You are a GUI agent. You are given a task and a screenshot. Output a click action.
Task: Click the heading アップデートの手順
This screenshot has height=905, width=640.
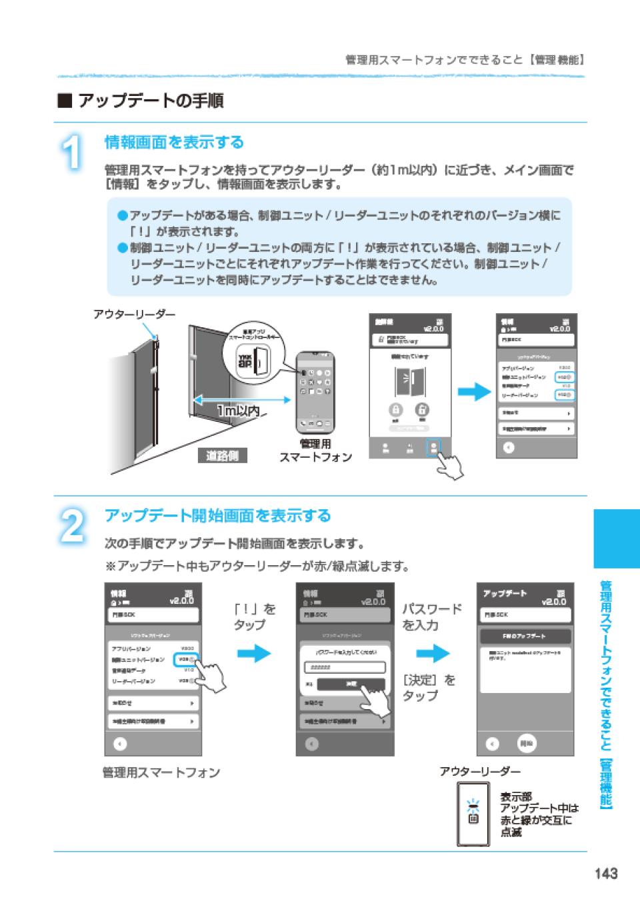click(x=150, y=101)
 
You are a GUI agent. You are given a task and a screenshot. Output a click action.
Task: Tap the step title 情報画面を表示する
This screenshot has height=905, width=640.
click(x=175, y=142)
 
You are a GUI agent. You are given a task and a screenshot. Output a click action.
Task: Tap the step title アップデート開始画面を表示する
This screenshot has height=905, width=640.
click(x=218, y=515)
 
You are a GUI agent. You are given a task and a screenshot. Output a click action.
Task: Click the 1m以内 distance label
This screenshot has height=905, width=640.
click(x=238, y=411)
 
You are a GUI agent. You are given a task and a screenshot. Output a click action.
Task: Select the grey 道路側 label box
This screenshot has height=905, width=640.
click(x=222, y=456)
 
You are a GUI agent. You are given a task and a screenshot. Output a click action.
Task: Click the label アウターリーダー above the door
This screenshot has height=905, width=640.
click(x=135, y=314)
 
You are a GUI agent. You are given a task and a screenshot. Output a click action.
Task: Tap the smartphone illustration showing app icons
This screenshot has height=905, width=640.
click(x=316, y=393)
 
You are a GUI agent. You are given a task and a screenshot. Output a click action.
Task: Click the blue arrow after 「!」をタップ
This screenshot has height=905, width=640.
click(x=254, y=653)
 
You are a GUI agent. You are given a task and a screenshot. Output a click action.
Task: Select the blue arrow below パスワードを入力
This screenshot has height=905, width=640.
click(x=433, y=653)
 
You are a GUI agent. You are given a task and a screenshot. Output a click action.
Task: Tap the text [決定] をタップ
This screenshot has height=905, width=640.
click(x=429, y=688)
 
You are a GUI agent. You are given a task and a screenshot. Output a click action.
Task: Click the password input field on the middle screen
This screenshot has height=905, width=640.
click(x=345, y=668)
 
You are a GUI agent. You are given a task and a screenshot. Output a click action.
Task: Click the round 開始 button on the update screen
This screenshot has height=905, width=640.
click(x=527, y=744)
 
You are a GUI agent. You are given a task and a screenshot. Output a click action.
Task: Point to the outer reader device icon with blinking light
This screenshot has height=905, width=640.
click(x=473, y=814)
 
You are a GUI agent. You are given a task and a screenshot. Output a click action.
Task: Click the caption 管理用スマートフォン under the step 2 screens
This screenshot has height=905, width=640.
click(x=161, y=772)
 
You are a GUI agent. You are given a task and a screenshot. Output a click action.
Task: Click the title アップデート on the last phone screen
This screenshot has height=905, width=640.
click(x=505, y=593)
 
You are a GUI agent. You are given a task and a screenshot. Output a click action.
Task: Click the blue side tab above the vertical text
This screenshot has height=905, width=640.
click(x=616, y=538)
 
